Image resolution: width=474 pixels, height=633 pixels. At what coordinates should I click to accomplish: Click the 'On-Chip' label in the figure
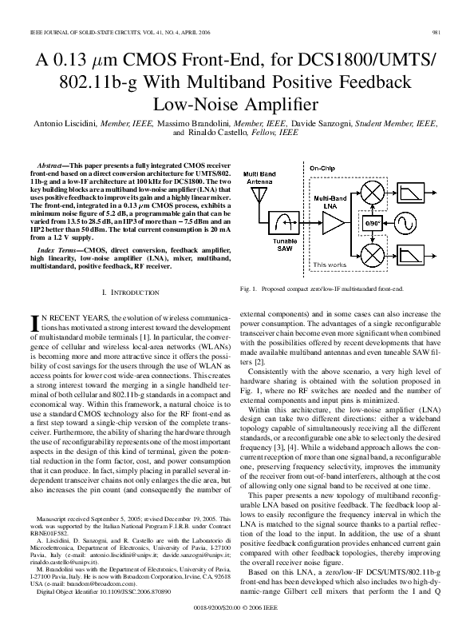(x=322, y=169)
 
